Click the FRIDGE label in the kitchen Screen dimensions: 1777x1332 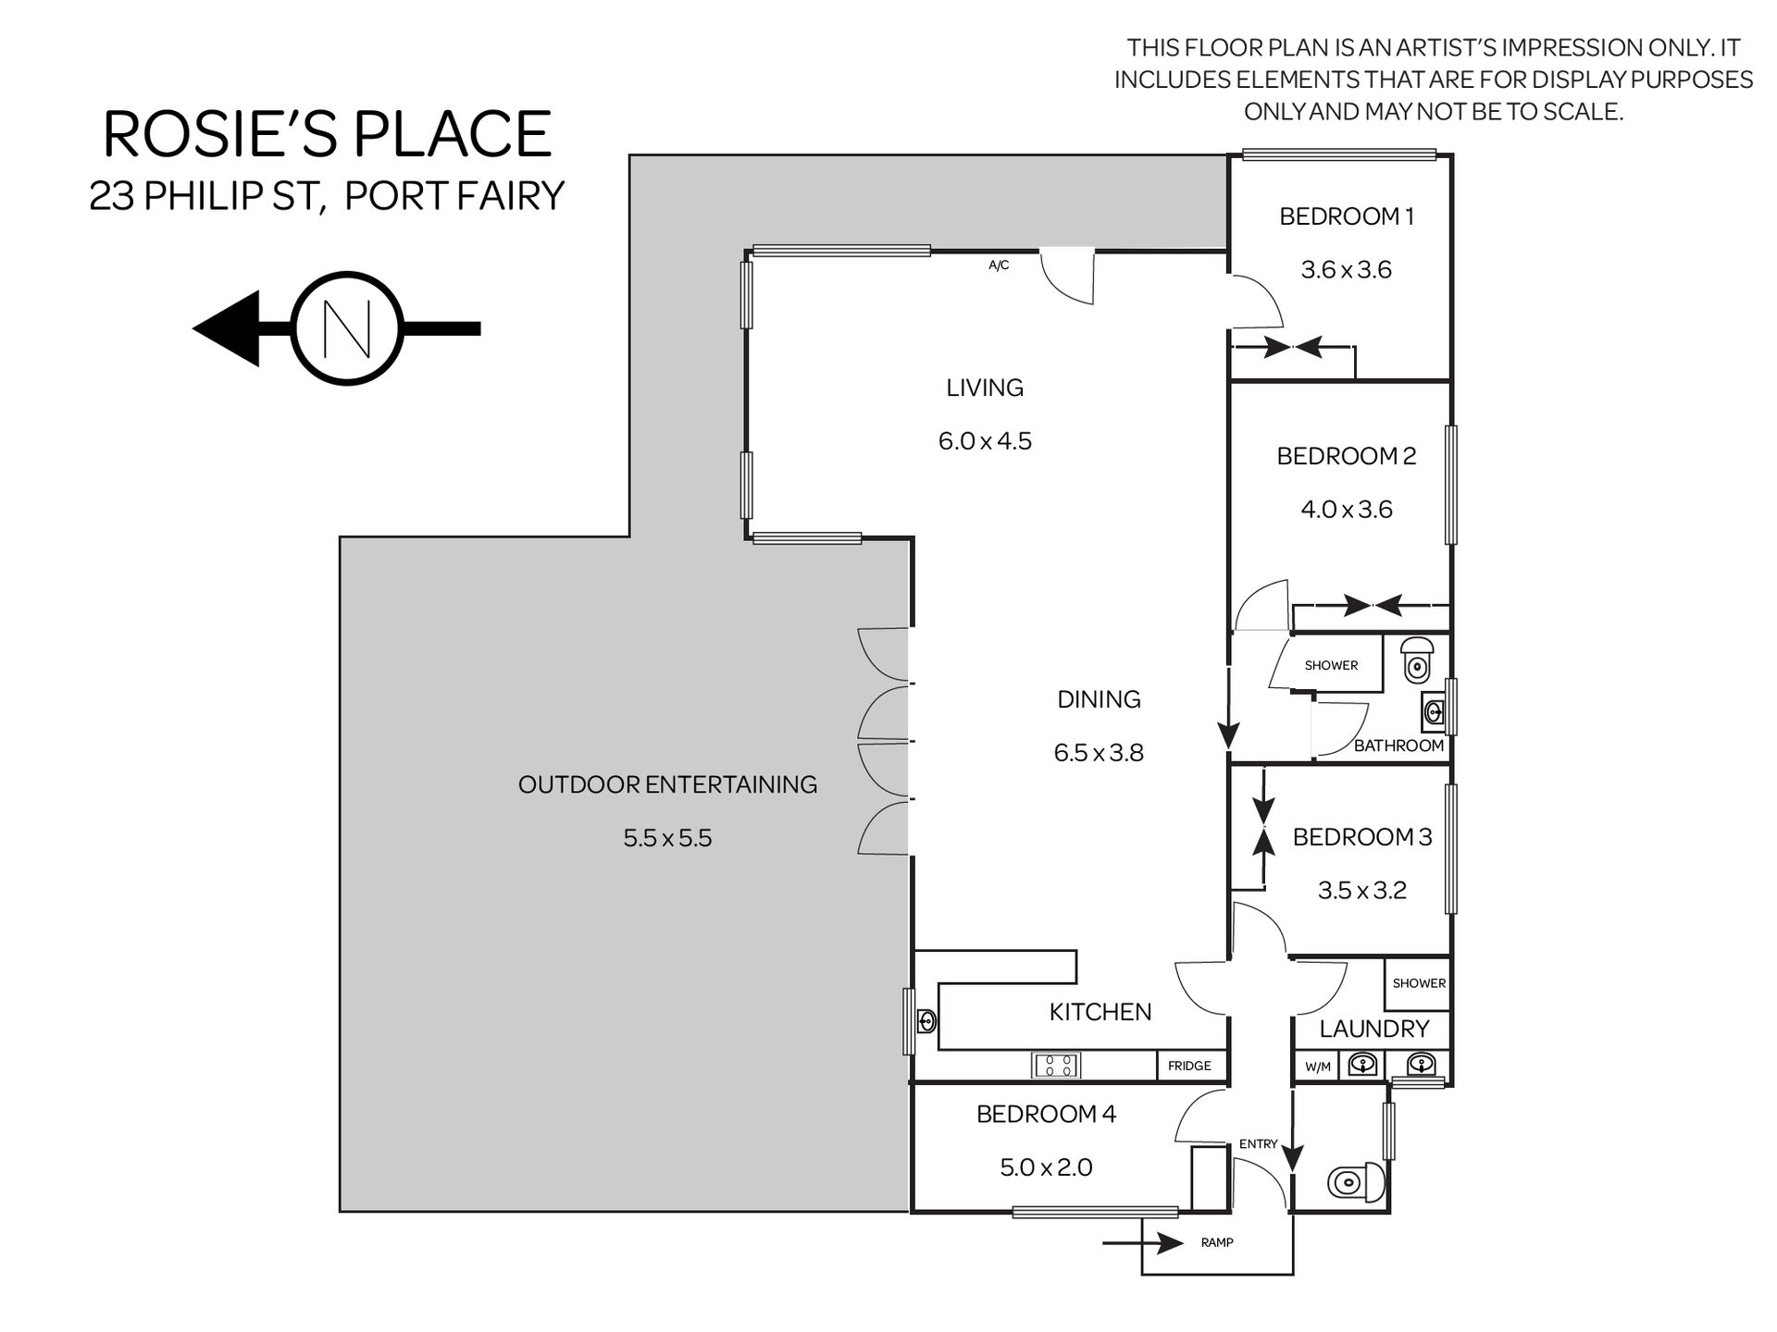[1189, 1066]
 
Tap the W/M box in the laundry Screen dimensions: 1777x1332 [1318, 1067]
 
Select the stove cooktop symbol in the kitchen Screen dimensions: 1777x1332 [1056, 1065]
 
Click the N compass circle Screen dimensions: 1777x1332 [347, 328]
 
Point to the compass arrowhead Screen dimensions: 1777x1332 [226, 328]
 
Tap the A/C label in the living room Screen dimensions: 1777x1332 [999, 265]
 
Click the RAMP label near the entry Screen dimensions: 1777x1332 [1217, 1242]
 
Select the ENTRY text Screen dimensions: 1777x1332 [1258, 1144]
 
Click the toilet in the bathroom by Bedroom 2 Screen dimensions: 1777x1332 [1416, 659]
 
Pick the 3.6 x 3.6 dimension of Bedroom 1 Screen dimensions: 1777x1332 [1347, 269]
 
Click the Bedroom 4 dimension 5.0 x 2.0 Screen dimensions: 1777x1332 [1046, 1167]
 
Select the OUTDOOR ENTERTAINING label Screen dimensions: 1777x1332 [667, 784]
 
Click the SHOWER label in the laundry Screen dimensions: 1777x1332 [1419, 983]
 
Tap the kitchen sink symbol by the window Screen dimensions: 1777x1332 [926, 1021]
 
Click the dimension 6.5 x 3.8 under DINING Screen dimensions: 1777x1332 [1099, 752]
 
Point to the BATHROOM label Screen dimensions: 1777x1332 [1398, 746]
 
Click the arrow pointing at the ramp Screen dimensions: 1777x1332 [1144, 1242]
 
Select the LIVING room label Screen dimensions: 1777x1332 [985, 388]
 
